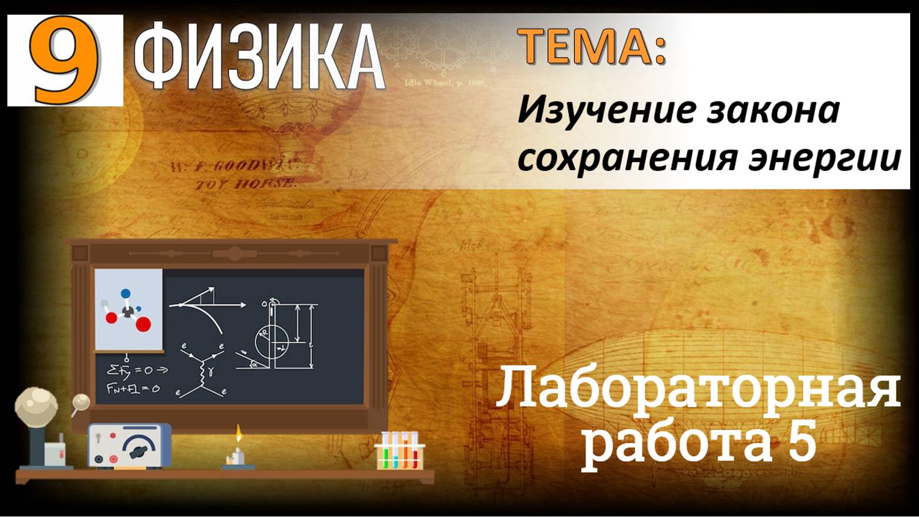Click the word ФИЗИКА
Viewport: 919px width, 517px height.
[258, 58]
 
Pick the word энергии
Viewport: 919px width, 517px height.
[824, 158]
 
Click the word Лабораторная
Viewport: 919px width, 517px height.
[698, 388]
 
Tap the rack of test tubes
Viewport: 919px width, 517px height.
[399, 451]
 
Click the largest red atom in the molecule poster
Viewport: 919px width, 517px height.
[143, 324]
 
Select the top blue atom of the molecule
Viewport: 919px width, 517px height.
[125, 293]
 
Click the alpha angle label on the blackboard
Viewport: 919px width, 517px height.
[254, 364]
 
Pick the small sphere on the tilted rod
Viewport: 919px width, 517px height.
[80, 401]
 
